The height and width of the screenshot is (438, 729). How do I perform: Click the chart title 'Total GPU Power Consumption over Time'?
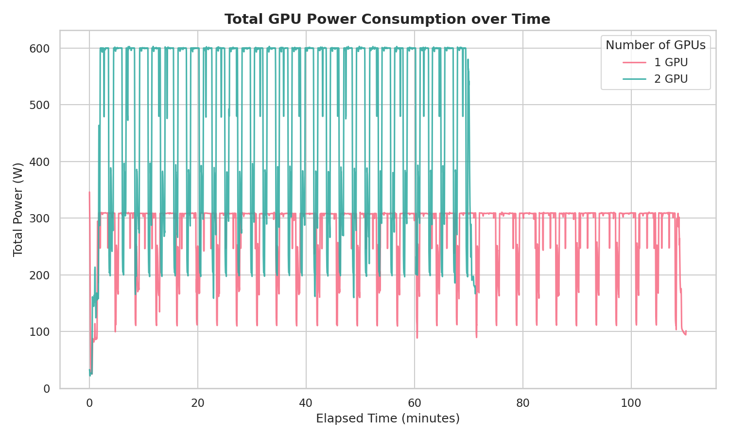(x=387, y=19)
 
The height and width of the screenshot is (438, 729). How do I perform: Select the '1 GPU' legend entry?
(x=671, y=62)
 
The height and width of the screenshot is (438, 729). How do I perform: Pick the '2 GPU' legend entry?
(x=671, y=79)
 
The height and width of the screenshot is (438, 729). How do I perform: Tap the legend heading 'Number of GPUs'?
(x=655, y=45)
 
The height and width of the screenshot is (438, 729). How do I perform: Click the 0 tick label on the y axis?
(x=47, y=388)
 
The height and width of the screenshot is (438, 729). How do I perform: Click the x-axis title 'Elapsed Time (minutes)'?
(x=387, y=419)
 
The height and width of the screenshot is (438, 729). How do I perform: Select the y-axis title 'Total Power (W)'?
(x=18, y=209)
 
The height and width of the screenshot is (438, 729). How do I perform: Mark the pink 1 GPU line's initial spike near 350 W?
(x=89, y=193)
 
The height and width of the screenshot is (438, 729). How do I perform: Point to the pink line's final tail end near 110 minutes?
(x=686, y=333)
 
